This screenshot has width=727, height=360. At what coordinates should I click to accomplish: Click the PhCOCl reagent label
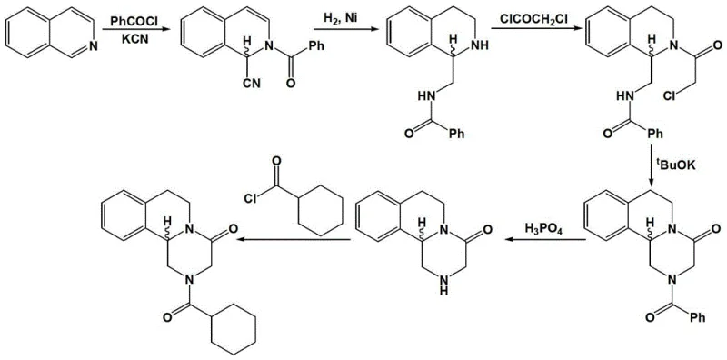click(130, 18)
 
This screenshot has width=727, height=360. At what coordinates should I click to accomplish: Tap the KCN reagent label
click(130, 43)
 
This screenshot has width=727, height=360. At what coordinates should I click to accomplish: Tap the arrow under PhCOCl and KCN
click(130, 31)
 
